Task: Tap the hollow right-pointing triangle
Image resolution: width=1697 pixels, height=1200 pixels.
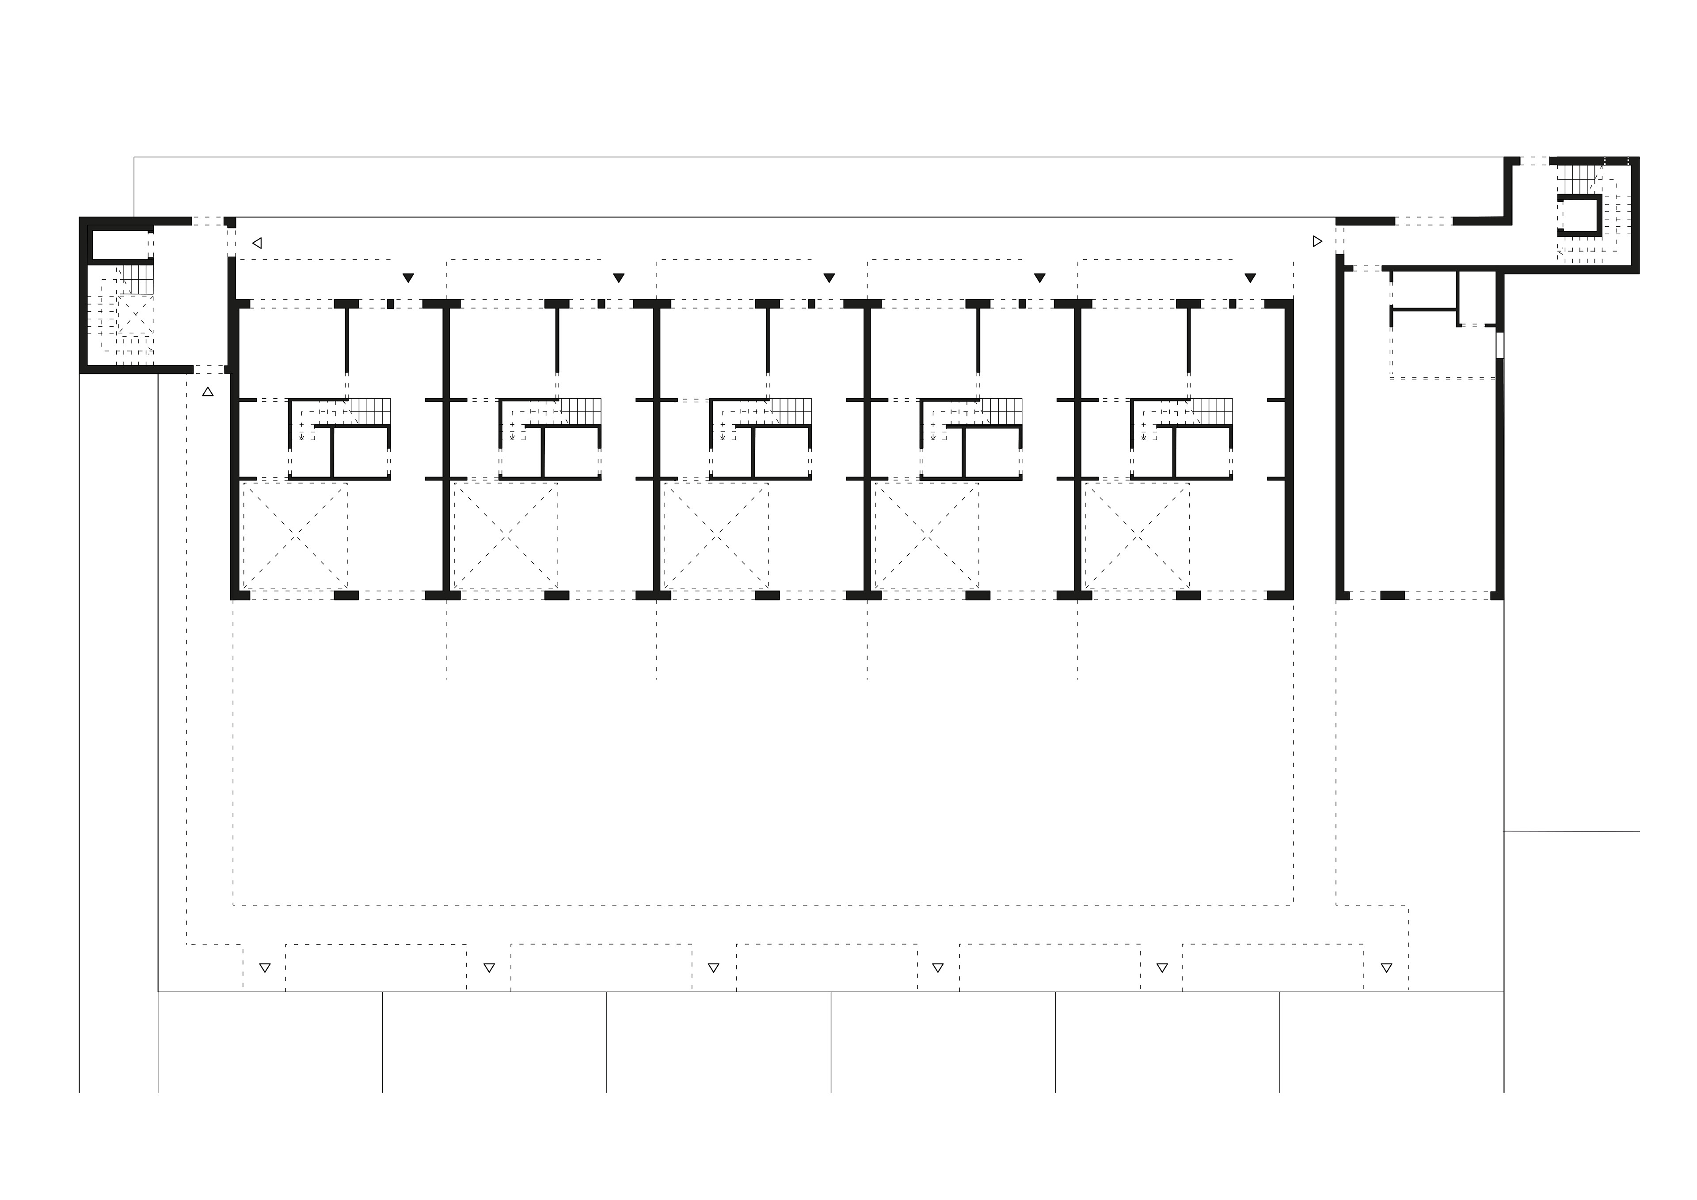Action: pos(1317,241)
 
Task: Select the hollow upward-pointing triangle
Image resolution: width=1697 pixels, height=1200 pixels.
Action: pos(208,392)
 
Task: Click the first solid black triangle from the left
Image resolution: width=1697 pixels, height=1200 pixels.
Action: pos(408,278)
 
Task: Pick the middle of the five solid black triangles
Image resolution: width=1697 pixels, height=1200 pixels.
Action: pos(829,278)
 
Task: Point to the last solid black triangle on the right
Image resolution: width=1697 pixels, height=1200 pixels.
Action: pos(1250,278)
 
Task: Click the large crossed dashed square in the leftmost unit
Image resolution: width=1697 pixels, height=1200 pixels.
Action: pos(295,536)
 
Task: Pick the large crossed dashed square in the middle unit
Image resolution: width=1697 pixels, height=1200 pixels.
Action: pos(715,536)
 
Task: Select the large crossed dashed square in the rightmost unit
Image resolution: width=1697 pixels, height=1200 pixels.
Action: pos(1137,536)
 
